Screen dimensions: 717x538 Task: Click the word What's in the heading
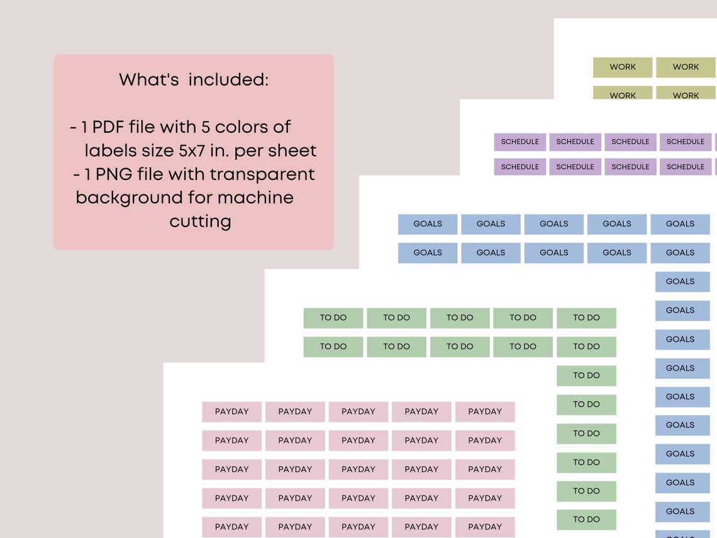(x=148, y=80)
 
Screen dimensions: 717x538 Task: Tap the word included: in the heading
(x=228, y=80)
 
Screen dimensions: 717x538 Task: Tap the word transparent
(x=262, y=175)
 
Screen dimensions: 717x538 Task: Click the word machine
(x=255, y=198)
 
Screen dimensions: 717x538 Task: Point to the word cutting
(x=200, y=222)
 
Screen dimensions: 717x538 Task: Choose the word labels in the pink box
(x=114, y=150)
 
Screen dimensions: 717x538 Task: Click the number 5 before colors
(x=206, y=126)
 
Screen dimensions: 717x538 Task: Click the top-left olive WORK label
(x=623, y=67)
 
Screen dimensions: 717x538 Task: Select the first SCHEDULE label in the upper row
(x=520, y=142)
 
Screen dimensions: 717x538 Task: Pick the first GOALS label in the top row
(x=428, y=224)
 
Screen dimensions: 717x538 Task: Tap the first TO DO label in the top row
(x=333, y=318)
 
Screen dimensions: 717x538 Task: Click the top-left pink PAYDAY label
(x=232, y=412)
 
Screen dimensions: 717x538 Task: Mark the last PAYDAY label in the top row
(x=485, y=412)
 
